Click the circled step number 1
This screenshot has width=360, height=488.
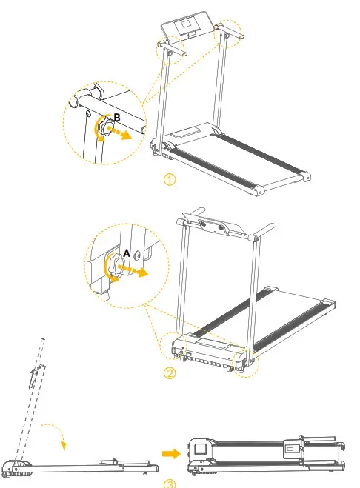[170, 180]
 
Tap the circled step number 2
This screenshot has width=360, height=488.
[170, 373]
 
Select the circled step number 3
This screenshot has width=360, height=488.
[170, 484]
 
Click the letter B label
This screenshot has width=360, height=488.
[116, 117]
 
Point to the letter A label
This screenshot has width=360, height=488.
[127, 253]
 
